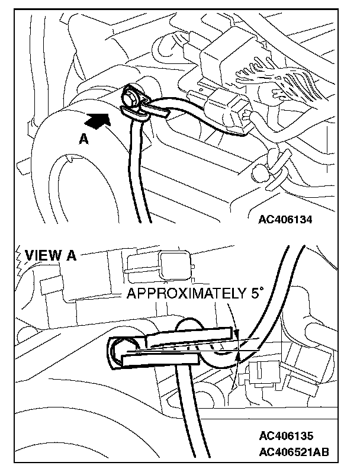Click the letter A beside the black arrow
pos(84,139)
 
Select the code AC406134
pos(285,220)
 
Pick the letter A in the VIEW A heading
pos(70,255)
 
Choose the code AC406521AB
pos(294,453)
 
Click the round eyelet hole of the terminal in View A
pos(120,349)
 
